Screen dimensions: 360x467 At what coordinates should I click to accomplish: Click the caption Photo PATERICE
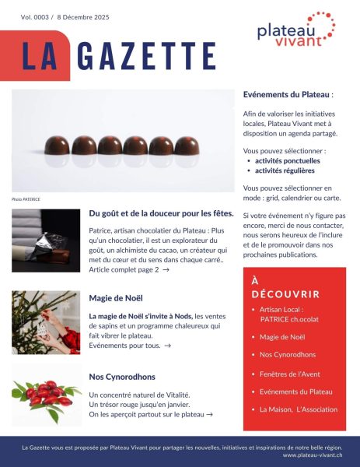pyautogui.click(x=26, y=199)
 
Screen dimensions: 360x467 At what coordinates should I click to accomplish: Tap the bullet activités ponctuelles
pyautogui.click(x=287, y=160)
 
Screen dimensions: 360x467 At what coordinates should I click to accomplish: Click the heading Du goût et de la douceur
pyautogui.click(x=161, y=213)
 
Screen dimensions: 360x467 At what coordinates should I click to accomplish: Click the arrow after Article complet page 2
pyautogui.click(x=166, y=269)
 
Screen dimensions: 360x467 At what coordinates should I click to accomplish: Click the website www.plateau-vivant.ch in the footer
pyautogui.click(x=316, y=455)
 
